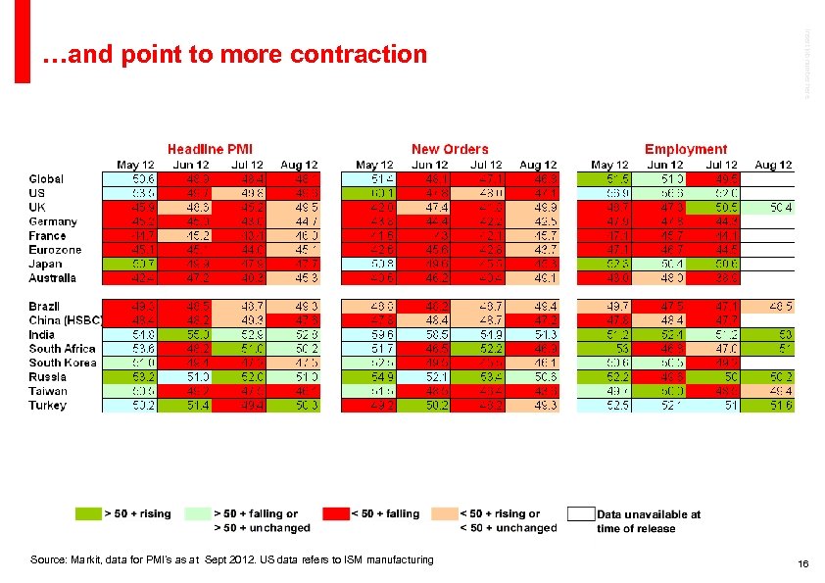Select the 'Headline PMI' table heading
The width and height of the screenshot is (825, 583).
[x=210, y=149]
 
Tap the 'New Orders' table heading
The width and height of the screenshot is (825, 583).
[x=450, y=149]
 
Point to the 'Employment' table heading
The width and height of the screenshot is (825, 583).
[x=686, y=149]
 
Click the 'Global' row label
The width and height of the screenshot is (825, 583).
[x=46, y=179]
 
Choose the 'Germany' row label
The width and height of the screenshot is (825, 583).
[x=53, y=221]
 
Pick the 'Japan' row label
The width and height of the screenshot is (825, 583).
[x=47, y=264]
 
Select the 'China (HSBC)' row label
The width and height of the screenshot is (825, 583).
[x=66, y=320]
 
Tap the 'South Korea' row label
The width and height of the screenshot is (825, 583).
[x=63, y=363]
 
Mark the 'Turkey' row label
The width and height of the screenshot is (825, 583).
[x=48, y=405]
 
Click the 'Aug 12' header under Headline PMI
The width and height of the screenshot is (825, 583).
[x=298, y=165]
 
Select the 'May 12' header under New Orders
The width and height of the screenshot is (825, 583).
[x=373, y=165]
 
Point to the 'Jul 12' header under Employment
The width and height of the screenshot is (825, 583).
[x=721, y=165]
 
